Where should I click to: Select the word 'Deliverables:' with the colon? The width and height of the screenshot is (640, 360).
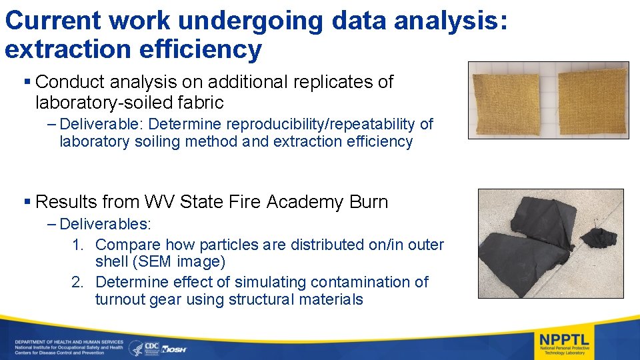(105, 224)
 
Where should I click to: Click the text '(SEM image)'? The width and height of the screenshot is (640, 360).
(160, 262)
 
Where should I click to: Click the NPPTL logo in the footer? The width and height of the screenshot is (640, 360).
(564, 342)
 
